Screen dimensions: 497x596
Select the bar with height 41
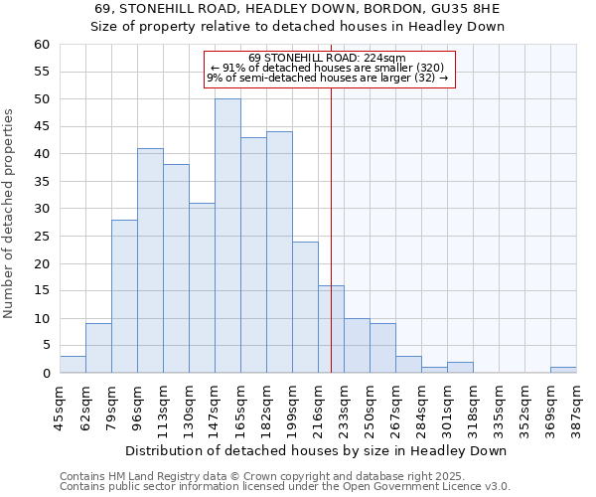pos(150,260)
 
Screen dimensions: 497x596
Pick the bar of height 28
pos(124,296)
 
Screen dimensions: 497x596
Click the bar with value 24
pos(305,307)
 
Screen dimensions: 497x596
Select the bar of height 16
pos(331,329)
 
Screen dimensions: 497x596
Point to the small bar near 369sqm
pos(563,370)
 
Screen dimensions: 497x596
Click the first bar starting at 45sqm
pos(73,365)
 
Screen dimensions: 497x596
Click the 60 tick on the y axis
pos(42,45)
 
